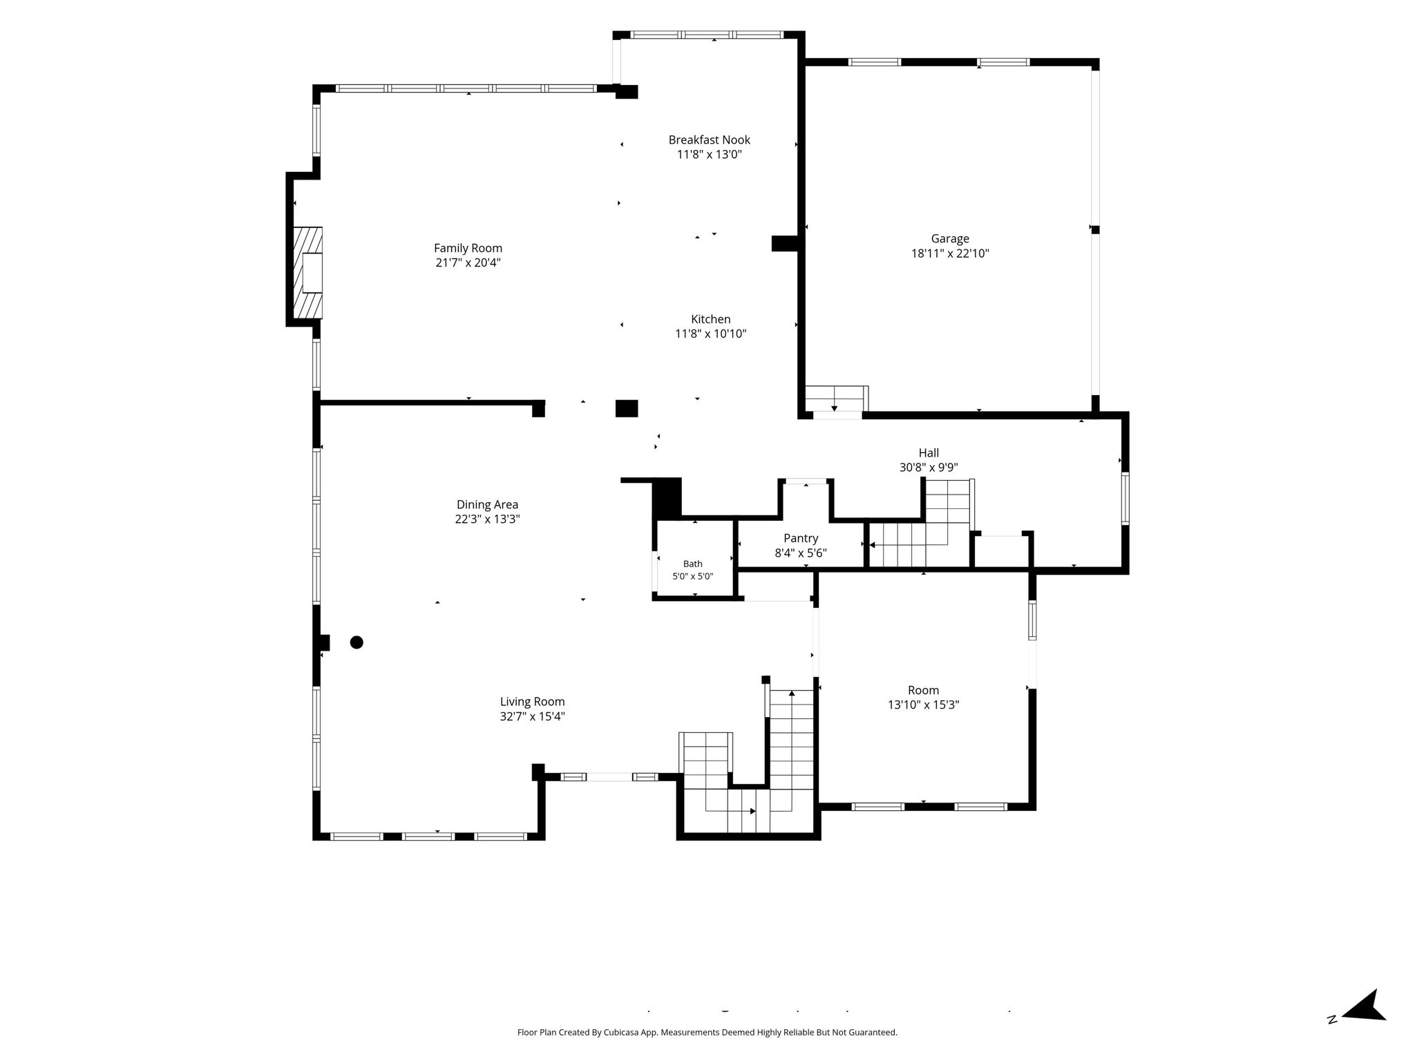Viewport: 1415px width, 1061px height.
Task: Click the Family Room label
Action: (x=468, y=248)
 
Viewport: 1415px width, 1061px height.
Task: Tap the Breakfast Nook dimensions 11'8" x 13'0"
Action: (x=709, y=155)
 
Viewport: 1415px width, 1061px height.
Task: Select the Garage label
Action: (x=950, y=239)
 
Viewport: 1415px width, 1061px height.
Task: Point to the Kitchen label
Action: (x=710, y=319)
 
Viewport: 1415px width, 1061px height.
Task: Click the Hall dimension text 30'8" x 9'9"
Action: (x=928, y=468)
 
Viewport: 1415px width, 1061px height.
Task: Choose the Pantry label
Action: (x=801, y=538)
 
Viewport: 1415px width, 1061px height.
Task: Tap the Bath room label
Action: (x=692, y=564)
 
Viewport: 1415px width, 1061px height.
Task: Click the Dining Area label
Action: (x=487, y=505)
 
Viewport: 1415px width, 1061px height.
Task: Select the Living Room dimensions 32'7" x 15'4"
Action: (x=532, y=716)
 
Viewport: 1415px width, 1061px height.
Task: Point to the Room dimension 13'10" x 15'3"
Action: (x=923, y=705)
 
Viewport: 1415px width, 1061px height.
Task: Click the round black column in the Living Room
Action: (x=357, y=642)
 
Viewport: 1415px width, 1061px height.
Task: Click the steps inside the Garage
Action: (x=836, y=399)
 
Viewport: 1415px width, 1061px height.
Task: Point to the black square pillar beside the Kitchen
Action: (x=627, y=408)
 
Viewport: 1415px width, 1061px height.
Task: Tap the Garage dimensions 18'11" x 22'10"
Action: (x=950, y=254)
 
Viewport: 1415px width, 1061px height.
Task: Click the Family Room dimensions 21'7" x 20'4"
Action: (x=468, y=262)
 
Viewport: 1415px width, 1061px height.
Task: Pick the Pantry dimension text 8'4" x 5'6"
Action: (x=801, y=553)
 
